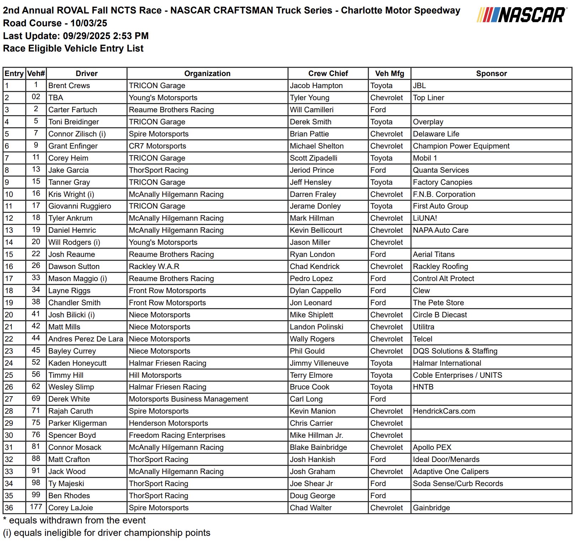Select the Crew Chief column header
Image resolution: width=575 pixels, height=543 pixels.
click(x=328, y=74)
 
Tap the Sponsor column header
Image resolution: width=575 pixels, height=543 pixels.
click(x=491, y=74)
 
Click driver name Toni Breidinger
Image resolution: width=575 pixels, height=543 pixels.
click(x=74, y=122)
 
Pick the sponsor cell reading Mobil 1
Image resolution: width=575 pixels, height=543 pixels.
click(x=425, y=158)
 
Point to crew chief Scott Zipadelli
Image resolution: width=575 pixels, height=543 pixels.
click(x=313, y=158)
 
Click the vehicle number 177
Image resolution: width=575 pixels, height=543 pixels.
click(x=36, y=507)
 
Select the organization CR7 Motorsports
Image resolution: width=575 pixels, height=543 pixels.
click(x=157, y=146)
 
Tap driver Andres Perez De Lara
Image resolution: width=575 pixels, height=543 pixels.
click(x=86, y=339)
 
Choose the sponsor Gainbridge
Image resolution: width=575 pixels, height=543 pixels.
click(x=431, y=508)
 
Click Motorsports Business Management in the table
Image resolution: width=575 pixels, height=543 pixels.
click(x=188, y=399)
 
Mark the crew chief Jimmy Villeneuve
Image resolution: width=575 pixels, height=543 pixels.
click(x=319, y=363)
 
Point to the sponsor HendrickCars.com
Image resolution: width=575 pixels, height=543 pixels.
click(x=444, y=411)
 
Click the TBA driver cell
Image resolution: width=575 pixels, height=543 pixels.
click(x=56, y=98)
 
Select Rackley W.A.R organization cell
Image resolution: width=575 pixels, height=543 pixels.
click(x=154, y=267)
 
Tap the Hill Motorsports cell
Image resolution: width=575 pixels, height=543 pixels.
click(x=155, y=375)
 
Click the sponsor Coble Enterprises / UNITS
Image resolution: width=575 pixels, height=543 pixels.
click(x=457, y=375)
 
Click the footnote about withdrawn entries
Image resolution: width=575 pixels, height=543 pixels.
click(x=74, y=520)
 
